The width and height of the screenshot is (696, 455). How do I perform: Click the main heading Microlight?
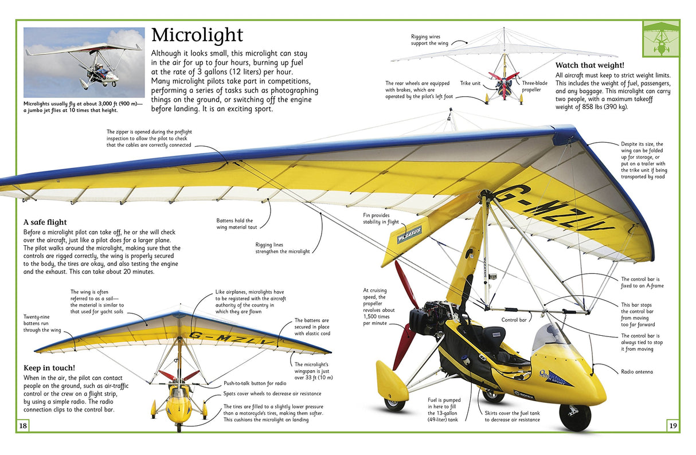[197, 36]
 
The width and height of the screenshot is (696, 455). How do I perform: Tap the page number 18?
[23, 426]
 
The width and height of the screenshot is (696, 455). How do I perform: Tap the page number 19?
[672, 426]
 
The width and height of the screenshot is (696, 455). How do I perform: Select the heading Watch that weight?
[589, 65]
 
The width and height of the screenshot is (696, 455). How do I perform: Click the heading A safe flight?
[45, 222]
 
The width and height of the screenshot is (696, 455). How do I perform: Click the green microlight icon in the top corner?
[660, 38]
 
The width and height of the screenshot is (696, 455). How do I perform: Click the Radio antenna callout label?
[636, 372]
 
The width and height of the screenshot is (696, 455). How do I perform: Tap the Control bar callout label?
[514, 320]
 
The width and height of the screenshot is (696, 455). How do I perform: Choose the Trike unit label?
[470, 83]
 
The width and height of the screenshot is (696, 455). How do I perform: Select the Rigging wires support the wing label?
[425, 40]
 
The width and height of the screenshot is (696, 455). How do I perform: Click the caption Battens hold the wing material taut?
[234, 223]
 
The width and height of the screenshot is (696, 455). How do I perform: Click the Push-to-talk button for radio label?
[255, 382]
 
